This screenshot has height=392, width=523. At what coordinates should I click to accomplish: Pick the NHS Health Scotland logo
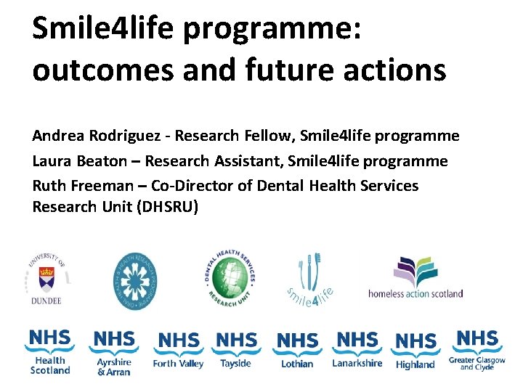tap(50, 352)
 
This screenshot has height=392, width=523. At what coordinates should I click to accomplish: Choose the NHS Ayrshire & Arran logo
tap(114, 353)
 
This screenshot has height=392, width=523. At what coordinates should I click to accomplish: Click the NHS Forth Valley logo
tap(178, 350)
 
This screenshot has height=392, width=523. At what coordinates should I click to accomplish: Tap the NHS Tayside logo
tap(237, 350)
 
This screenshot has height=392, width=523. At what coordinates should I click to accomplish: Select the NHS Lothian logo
tap(298, 350)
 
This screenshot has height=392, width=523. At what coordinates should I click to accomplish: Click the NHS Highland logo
tap(415, 351)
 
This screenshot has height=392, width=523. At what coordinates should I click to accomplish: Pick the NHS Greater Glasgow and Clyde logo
tap(477, 350)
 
